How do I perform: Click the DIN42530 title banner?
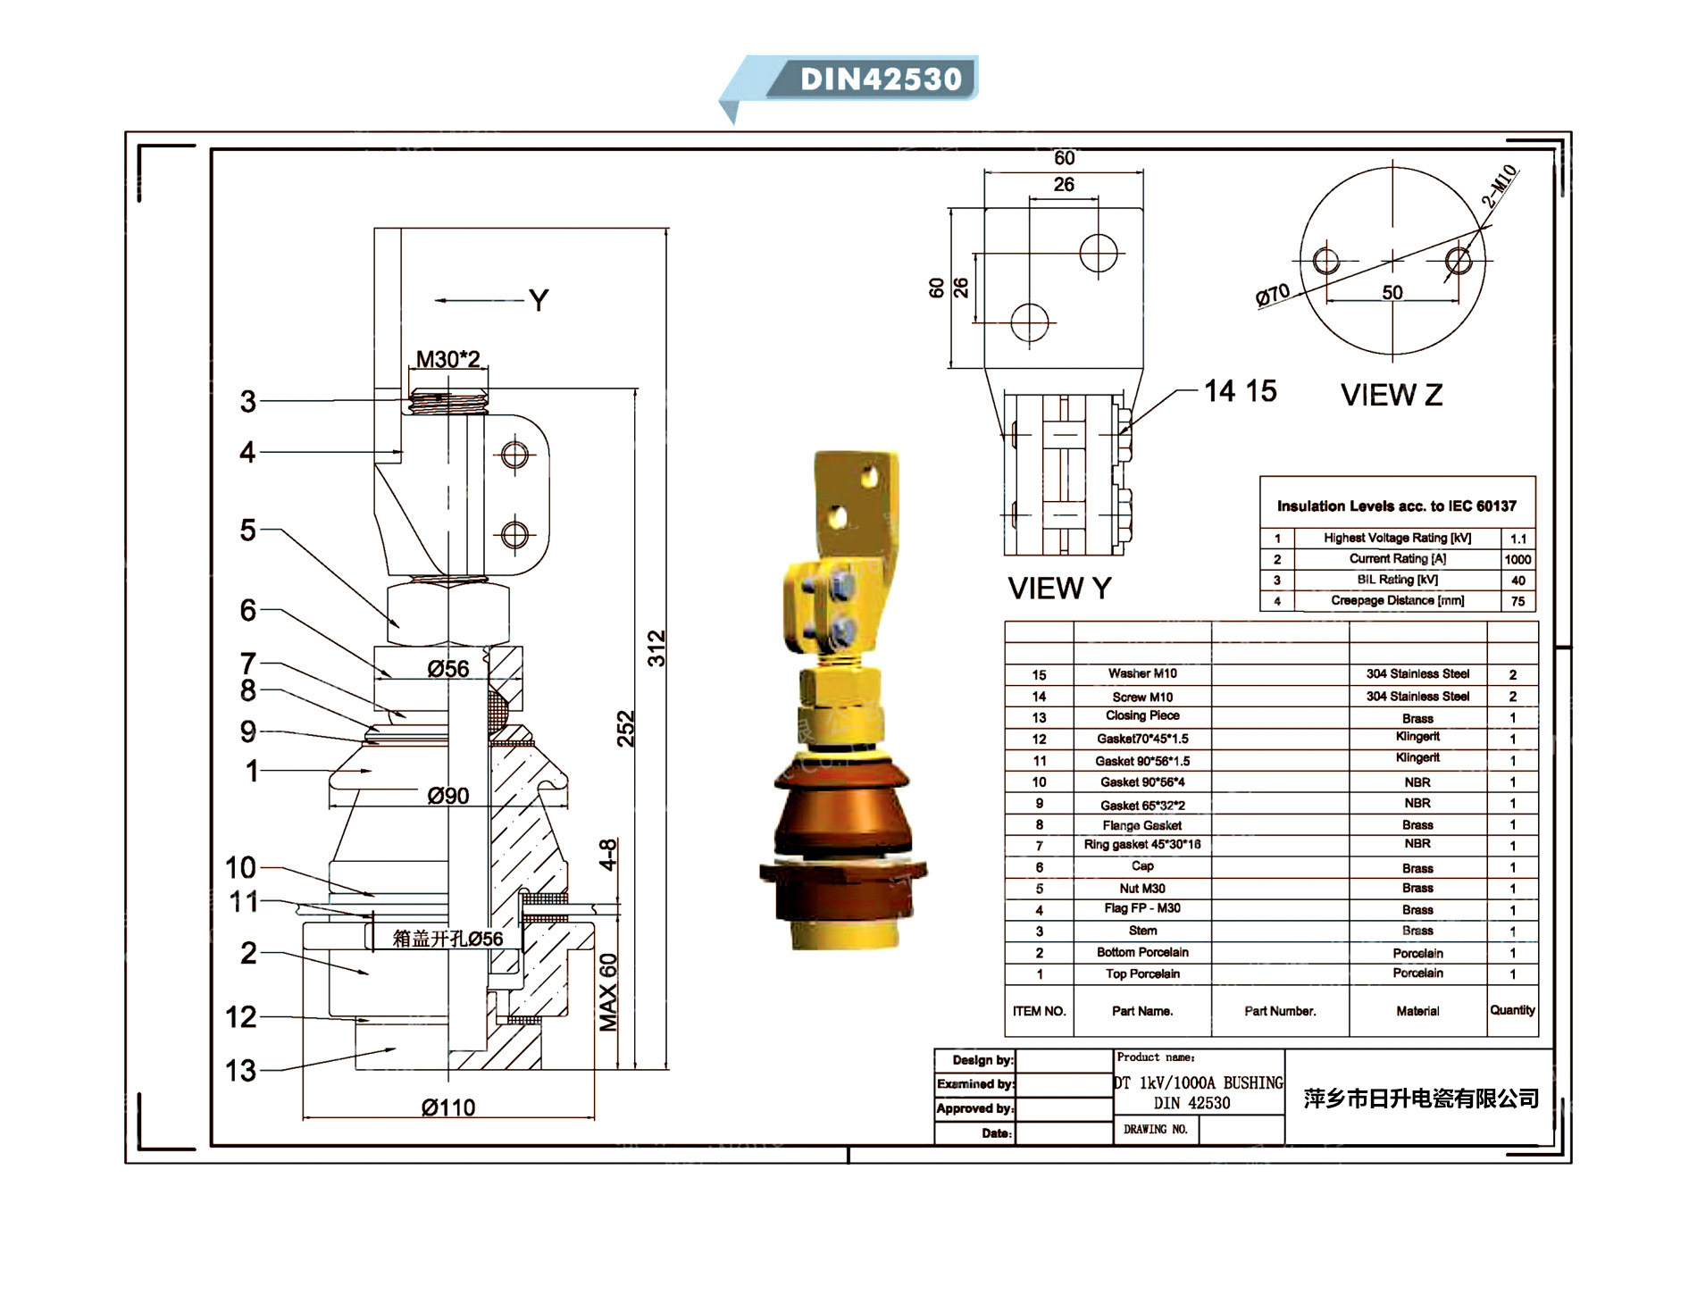click(x=880, y=79)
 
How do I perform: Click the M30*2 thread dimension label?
click(x=448, y=359)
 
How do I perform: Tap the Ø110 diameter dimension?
click(x=448, y=1107)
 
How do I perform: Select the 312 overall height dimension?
click(x=656, y=647)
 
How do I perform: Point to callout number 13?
click(x=240, y=1070)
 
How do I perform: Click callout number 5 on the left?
click(x=247, y=531)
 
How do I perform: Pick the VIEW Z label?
click(x=1392, y=395)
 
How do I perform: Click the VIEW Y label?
click(x=1059, y=589)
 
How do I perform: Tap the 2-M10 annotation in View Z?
click(x=1500, y=187)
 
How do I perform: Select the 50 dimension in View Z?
click(x=1392, y=293)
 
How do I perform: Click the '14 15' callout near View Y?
click(x=1240, y=391)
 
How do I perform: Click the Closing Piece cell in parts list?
click(x=1142, y=716)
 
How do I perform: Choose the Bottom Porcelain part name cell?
click(x=1142, y=953)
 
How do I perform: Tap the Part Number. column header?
click(x=1280, y=1011)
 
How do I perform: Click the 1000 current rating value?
click(x=1517, y=560)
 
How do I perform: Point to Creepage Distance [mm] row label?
click(x=1397, y=601)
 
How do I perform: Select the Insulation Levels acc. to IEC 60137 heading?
click(x=1396, y=506)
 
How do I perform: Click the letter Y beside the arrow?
click(x=539, y=301)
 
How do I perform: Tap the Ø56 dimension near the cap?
click(x=448, y=669)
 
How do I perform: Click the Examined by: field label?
click(x=975, y=1084)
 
